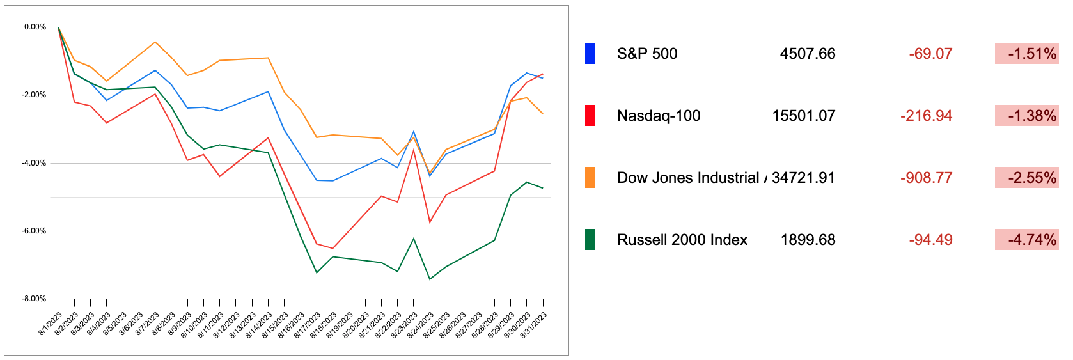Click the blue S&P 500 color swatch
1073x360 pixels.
pos(590,54)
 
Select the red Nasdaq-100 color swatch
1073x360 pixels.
pos(590,116)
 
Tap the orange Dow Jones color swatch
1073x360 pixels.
pos(590,178)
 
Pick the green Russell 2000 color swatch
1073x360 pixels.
pos(590,240)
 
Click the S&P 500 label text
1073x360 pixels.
pos(646,54)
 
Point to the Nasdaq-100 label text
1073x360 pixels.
pos(658,116)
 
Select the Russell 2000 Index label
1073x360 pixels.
pos(682,240)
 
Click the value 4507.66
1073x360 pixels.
pos(807,54)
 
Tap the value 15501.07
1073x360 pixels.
pos(803,116)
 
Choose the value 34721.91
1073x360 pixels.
pos(803,178)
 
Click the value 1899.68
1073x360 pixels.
pos(808,240)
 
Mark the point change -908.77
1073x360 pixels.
pos(926,178)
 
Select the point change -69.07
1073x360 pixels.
pos(930,54)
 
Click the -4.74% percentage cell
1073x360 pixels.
pos(1026,240)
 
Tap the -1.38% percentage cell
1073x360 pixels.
pos(1026,116)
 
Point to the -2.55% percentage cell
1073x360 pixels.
pos(1026,178)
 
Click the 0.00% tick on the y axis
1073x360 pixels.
pos(35,27)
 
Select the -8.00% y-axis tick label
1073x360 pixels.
pos(35,299)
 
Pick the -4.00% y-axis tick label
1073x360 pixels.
pos(35,163)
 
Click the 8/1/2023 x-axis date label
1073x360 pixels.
pos(51,324)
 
